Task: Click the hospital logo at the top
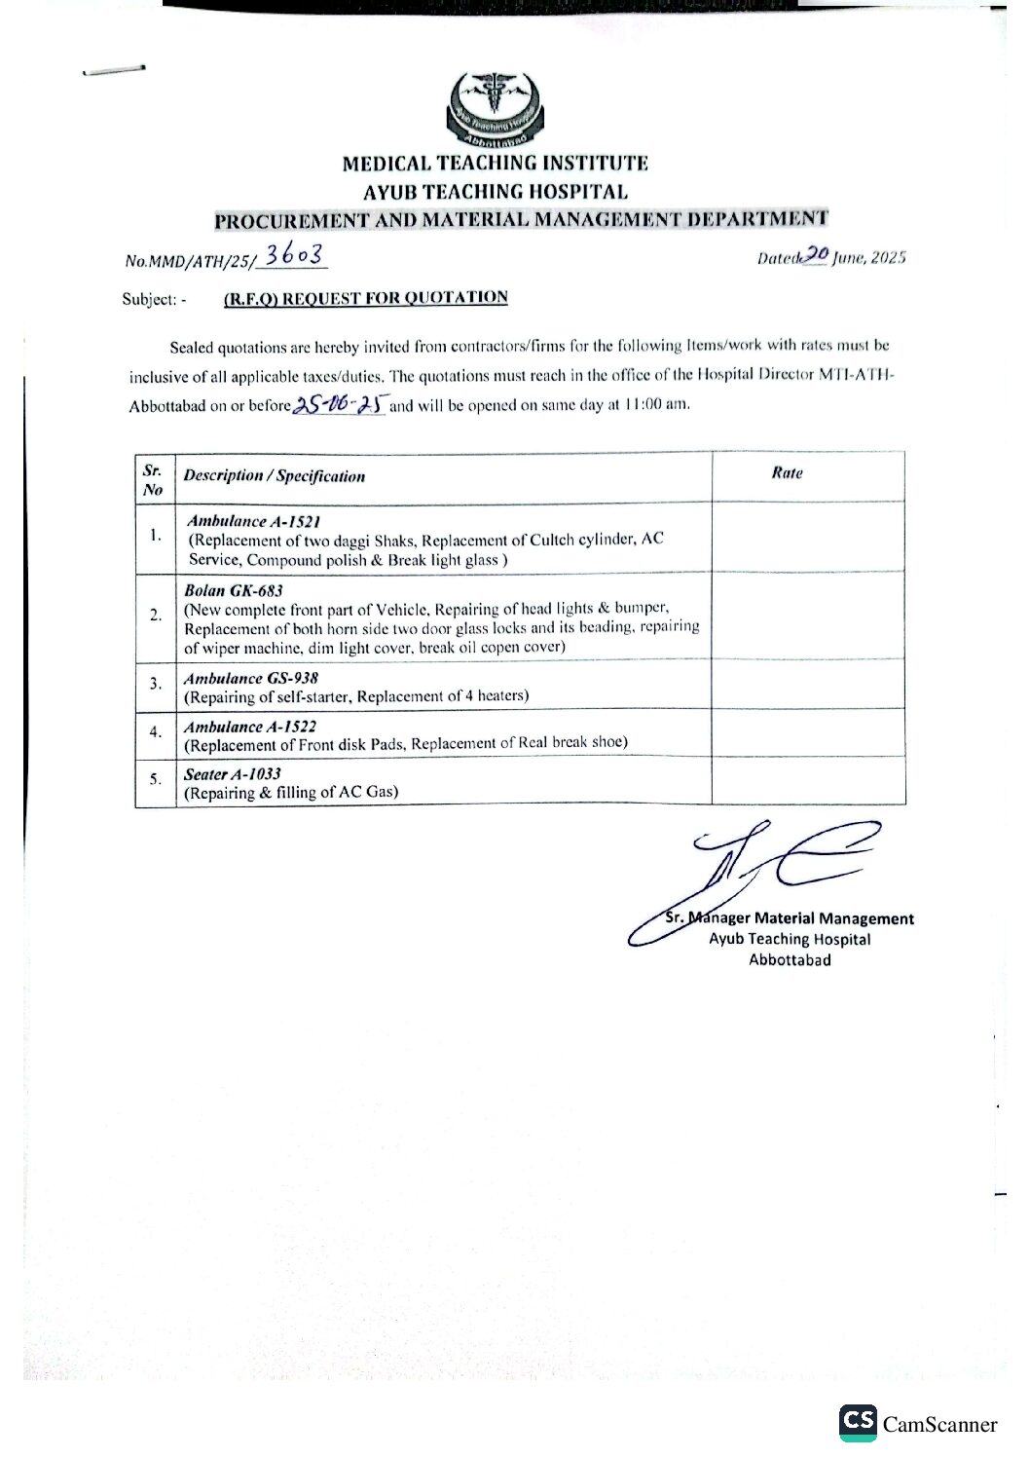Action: pos(494,108)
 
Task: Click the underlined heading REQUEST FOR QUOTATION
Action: pos(365,298)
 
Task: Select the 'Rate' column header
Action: pos(787,473)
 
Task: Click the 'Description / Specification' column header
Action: pos(274,476)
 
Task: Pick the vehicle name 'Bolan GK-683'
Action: pos(234,590)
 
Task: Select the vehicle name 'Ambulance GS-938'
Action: pos(251,678)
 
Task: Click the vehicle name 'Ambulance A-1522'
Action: pos(250,727)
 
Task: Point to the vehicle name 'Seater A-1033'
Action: pos(233,774)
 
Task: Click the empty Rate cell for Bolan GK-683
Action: pos(808,616)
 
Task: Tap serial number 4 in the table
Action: pos(155,732)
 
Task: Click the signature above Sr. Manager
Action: pos(759,872)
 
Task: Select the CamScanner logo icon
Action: pos(857,1422)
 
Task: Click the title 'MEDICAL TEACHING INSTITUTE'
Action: pos(495,164)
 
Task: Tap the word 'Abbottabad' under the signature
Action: pos(790,960)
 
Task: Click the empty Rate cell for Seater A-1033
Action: pos(808,781)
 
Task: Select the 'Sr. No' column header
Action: pos(153,480)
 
